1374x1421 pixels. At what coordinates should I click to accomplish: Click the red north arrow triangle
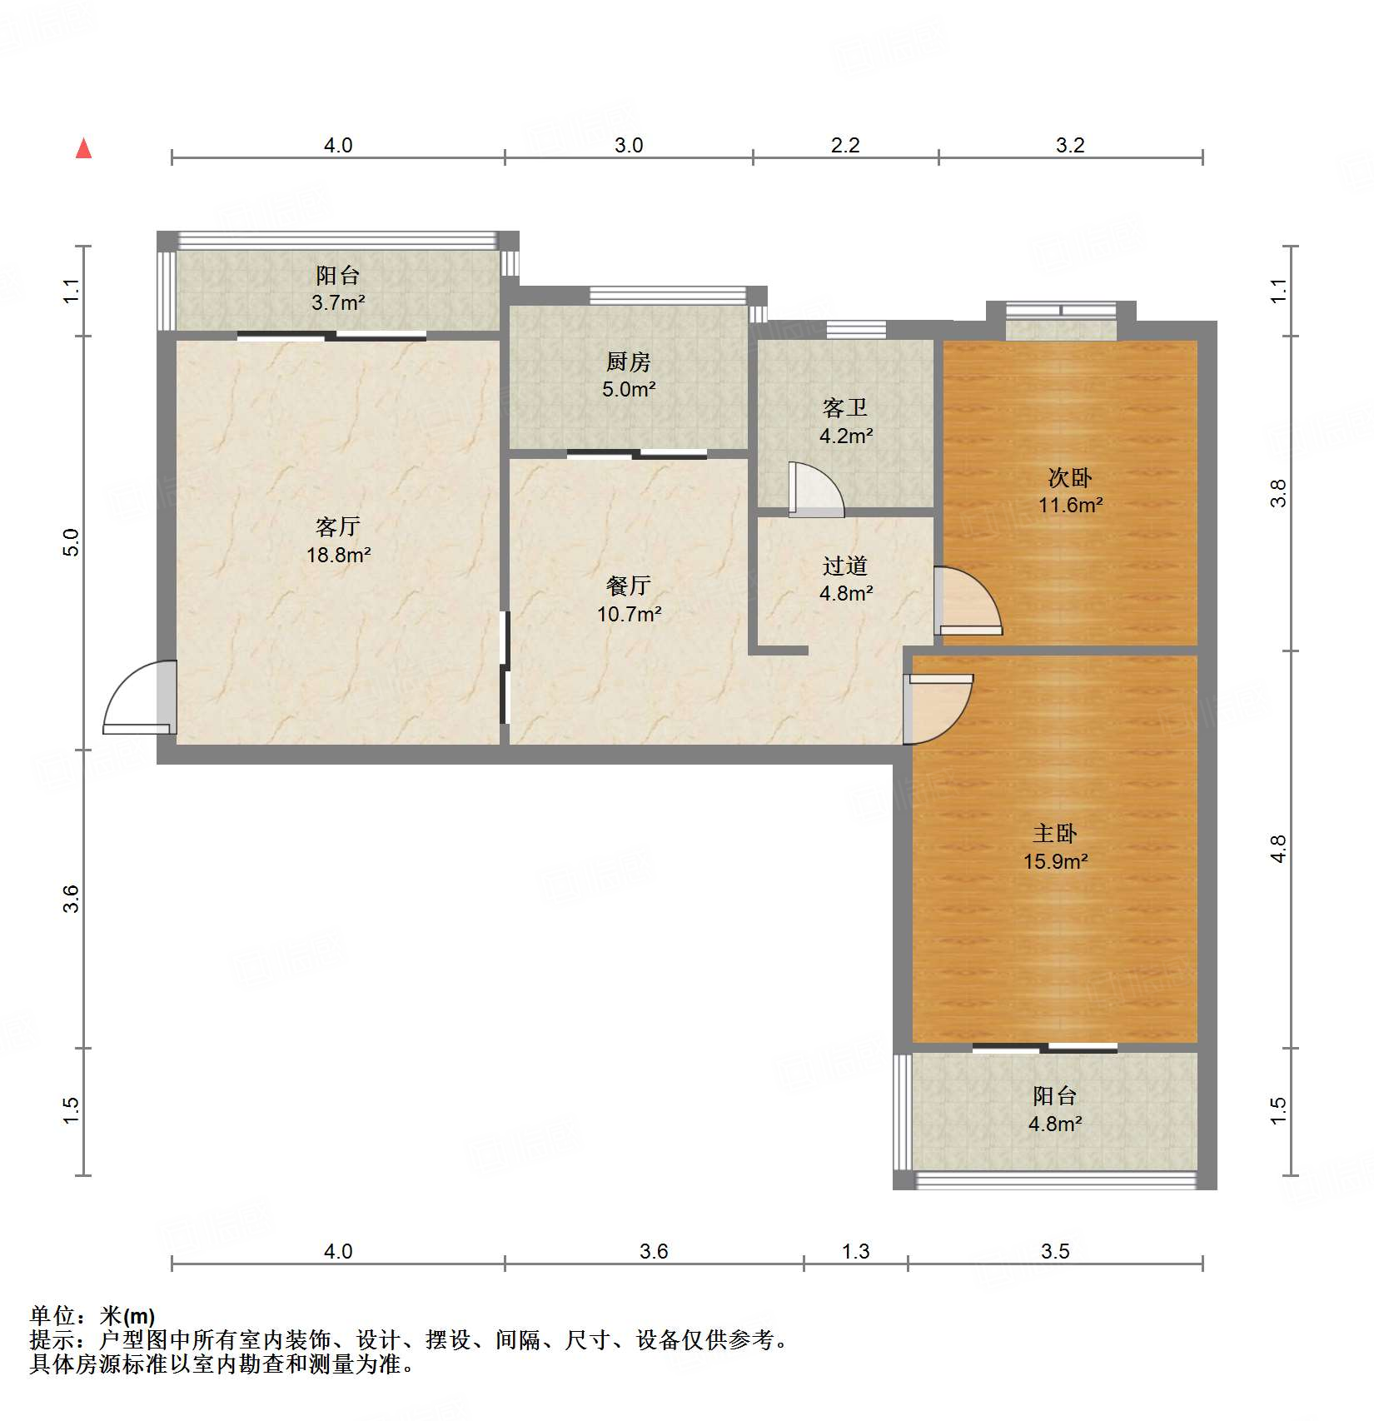tap(83, 149)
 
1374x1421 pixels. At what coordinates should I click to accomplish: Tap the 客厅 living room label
tap(337, 526)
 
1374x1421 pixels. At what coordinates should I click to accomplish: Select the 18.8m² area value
tap(338, 555)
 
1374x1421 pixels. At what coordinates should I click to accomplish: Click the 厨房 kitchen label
tap(628, 361)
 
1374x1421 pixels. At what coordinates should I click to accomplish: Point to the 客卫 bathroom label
tap(844, 407)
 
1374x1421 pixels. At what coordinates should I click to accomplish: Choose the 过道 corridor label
tap(844, 566)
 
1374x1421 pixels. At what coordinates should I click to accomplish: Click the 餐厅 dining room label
tap(628, 586)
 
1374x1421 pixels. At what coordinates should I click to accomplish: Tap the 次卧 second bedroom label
tap(1069, 477)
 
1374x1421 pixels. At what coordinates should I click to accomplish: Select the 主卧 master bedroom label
tap(1054, 833)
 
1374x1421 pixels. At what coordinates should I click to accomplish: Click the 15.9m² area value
tap(1055, 861)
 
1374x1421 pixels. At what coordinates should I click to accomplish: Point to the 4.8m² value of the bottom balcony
tap(1054, 1124)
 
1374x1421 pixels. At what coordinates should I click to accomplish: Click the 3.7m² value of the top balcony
tap(337, 302)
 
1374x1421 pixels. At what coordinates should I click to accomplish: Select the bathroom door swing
tap(816, 491)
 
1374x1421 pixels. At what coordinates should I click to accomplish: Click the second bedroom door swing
tap(968, 601)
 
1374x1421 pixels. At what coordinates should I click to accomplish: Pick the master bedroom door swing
tap(938, 709)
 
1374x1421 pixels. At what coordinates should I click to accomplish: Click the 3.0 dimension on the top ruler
tap(629, 145)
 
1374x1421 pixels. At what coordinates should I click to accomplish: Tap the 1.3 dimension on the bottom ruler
tap(855, 1251)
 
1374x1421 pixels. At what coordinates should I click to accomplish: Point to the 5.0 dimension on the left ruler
tap(72, 542)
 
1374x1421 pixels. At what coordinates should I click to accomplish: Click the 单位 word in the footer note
tap(52, 1316)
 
